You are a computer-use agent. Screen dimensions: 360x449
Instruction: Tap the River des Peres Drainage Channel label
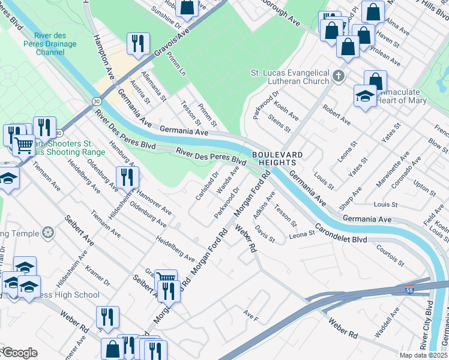click(50, 47)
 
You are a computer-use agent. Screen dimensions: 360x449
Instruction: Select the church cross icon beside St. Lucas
click(339, 76)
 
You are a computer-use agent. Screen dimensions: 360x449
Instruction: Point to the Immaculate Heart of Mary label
click(402, 96)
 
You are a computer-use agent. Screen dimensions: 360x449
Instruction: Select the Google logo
click(19, 353)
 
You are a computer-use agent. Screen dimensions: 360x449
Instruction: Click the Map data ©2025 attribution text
click(424, 355)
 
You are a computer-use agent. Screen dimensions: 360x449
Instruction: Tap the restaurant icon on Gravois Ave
click(138, 44)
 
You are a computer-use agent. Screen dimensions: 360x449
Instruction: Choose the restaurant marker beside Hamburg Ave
click(127, 176)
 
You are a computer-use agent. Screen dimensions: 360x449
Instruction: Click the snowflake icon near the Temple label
click(47, 233)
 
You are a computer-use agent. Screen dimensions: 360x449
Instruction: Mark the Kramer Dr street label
click(98, 276)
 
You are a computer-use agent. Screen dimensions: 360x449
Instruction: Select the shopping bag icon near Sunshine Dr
click(187, 7)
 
